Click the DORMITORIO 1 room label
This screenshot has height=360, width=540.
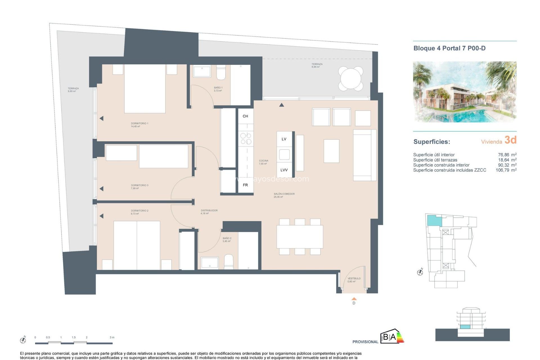[139, 124]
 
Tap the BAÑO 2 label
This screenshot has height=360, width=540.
[227, 238]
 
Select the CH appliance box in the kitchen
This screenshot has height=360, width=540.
[246, 116]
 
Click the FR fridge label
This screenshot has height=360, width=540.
[245, 185]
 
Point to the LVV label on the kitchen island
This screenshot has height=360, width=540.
[284, 170]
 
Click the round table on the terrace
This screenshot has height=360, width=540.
[350, 78]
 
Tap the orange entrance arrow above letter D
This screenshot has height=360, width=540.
[354, 299]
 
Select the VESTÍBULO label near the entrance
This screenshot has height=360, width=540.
[354, 278]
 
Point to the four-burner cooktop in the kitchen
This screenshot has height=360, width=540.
[246, 139]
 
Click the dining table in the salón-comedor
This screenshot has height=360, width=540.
[300, 237]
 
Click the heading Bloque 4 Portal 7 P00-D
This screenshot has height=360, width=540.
[449, 48]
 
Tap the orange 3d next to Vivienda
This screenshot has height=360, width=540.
[510, 140]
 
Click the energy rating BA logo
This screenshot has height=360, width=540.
[392, 336]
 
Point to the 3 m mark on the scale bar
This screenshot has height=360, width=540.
[112, 337]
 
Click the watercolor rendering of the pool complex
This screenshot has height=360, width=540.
[464, 92]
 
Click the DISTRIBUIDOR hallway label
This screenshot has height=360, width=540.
[209, 211]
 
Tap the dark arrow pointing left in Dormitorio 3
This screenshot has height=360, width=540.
[102, 189]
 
